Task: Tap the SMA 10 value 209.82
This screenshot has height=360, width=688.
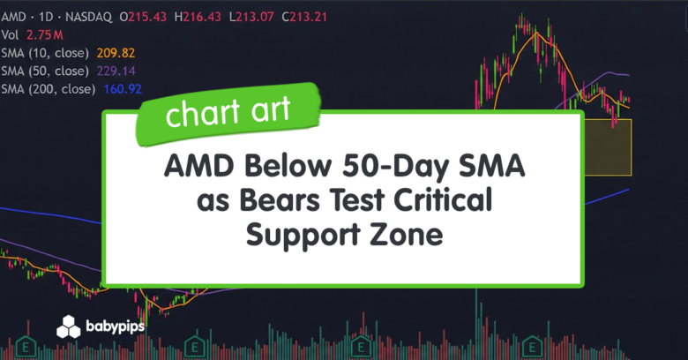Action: [x=120, y=53]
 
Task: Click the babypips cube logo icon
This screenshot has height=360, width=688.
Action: [x=69, y=327]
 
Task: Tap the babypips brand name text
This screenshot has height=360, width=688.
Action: [x=116, y=327]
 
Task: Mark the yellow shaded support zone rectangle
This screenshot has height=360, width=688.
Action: [x=608, y=146]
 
